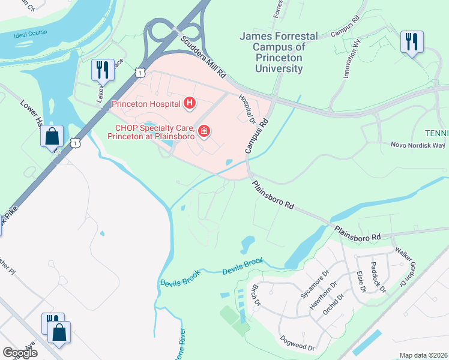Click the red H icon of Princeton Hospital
click(190, 104)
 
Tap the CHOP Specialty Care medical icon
click(205, 131)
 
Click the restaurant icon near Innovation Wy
click(412, 42)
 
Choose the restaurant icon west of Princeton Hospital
click(101, 70)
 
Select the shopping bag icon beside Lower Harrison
click(52, 136)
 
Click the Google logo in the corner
click(20, 353)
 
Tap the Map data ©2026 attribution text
click(423, 355)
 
